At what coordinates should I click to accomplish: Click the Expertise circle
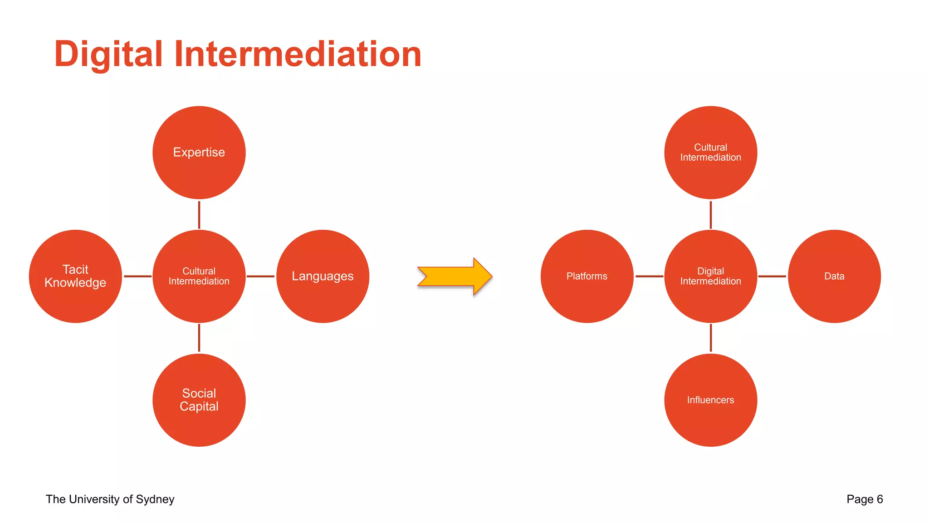click(x=199, y=153)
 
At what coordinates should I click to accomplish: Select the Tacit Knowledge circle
click(x=75, y=276)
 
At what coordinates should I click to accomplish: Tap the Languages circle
click(x=323, y=276)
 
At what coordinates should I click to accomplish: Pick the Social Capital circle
click(x=199, y=400)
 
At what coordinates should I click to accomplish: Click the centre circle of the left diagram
click(x=199, y=276)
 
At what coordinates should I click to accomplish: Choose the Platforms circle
click(x=587, y=276)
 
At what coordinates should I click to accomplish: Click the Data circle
click(x=834, y=276)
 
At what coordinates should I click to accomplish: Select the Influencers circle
click(x=710, y=400)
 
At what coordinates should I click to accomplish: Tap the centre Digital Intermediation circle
click(x=710, y=276)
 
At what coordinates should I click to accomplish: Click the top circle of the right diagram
click(x=710, y=153)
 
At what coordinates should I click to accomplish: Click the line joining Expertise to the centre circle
click(x=199, y=215)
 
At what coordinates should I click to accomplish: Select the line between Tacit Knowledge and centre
click(x=137, y=276)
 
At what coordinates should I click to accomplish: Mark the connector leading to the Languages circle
click(x=260, y=276)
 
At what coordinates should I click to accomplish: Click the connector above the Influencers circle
click(x=710, y=338)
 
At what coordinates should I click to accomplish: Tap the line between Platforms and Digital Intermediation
click(x=649, y=276)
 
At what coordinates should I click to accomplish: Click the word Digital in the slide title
click(x=108, y=54)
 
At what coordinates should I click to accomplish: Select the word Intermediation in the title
click(x=298, y=54)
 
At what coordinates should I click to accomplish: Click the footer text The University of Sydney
click(x=110, y=499)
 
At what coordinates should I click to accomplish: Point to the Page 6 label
click(x=864, y=499)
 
